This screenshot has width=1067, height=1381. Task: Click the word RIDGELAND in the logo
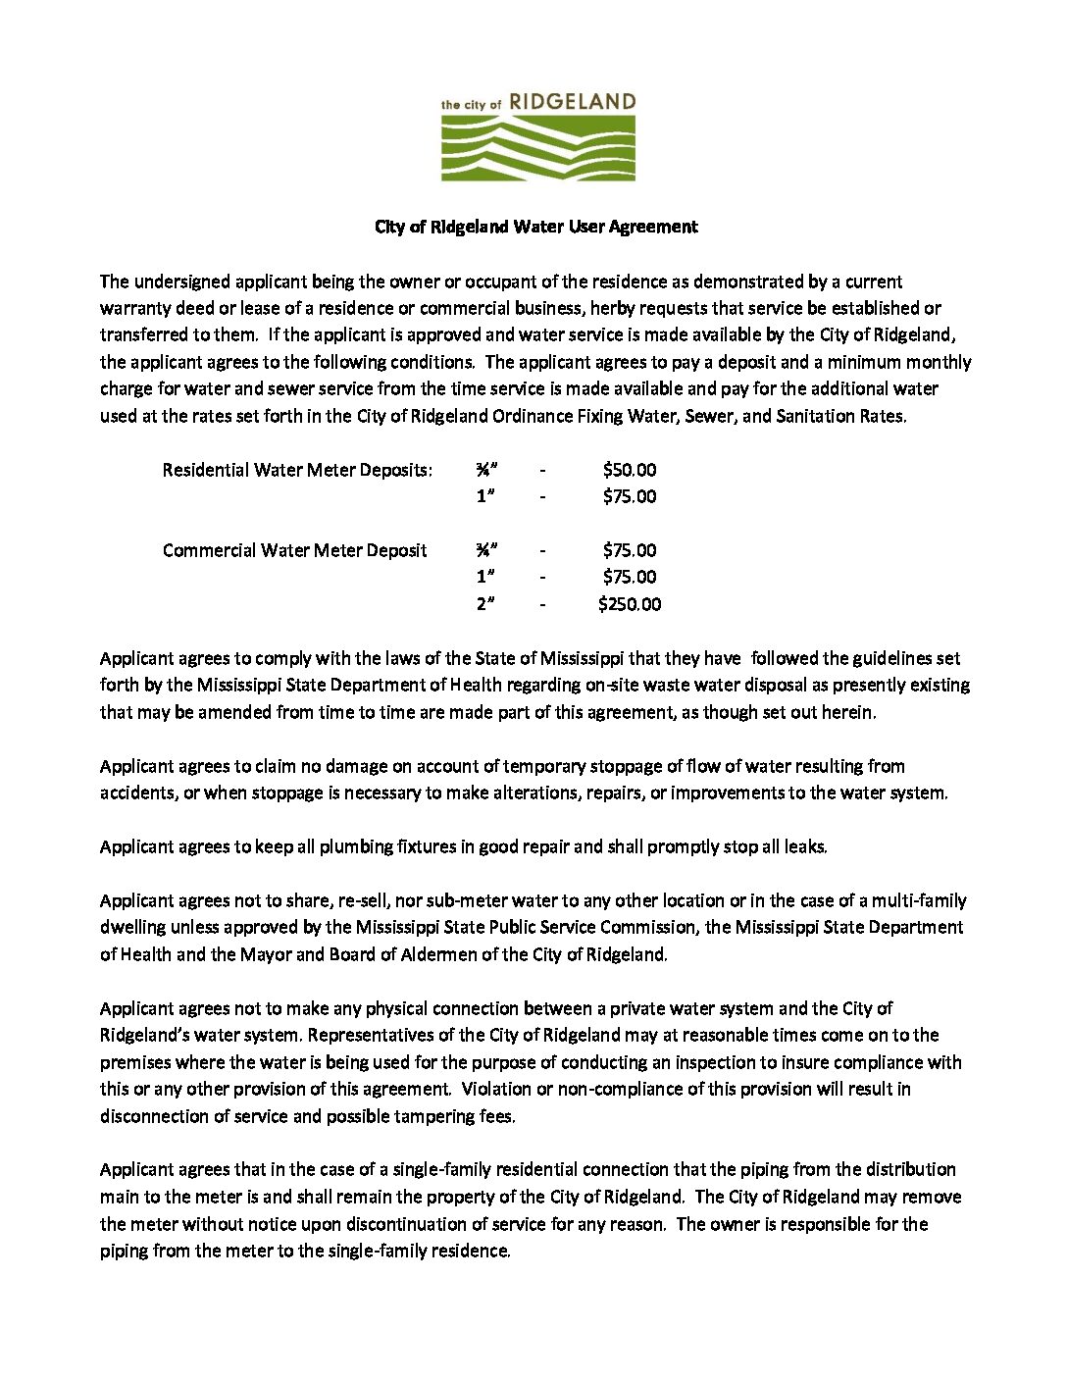coord(573,102)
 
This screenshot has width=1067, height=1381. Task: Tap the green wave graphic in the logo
coord(538,148)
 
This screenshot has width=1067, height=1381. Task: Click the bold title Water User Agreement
coord(536,227)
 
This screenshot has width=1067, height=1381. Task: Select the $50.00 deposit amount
coord(630,470)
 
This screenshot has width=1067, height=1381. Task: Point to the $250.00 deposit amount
coord(630,604)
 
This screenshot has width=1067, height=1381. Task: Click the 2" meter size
coord(485,604)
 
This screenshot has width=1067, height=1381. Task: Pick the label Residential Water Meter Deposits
coord(297,470)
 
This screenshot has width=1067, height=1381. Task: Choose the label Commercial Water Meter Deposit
coord(294,550)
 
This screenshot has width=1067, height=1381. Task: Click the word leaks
coord(805,846)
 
